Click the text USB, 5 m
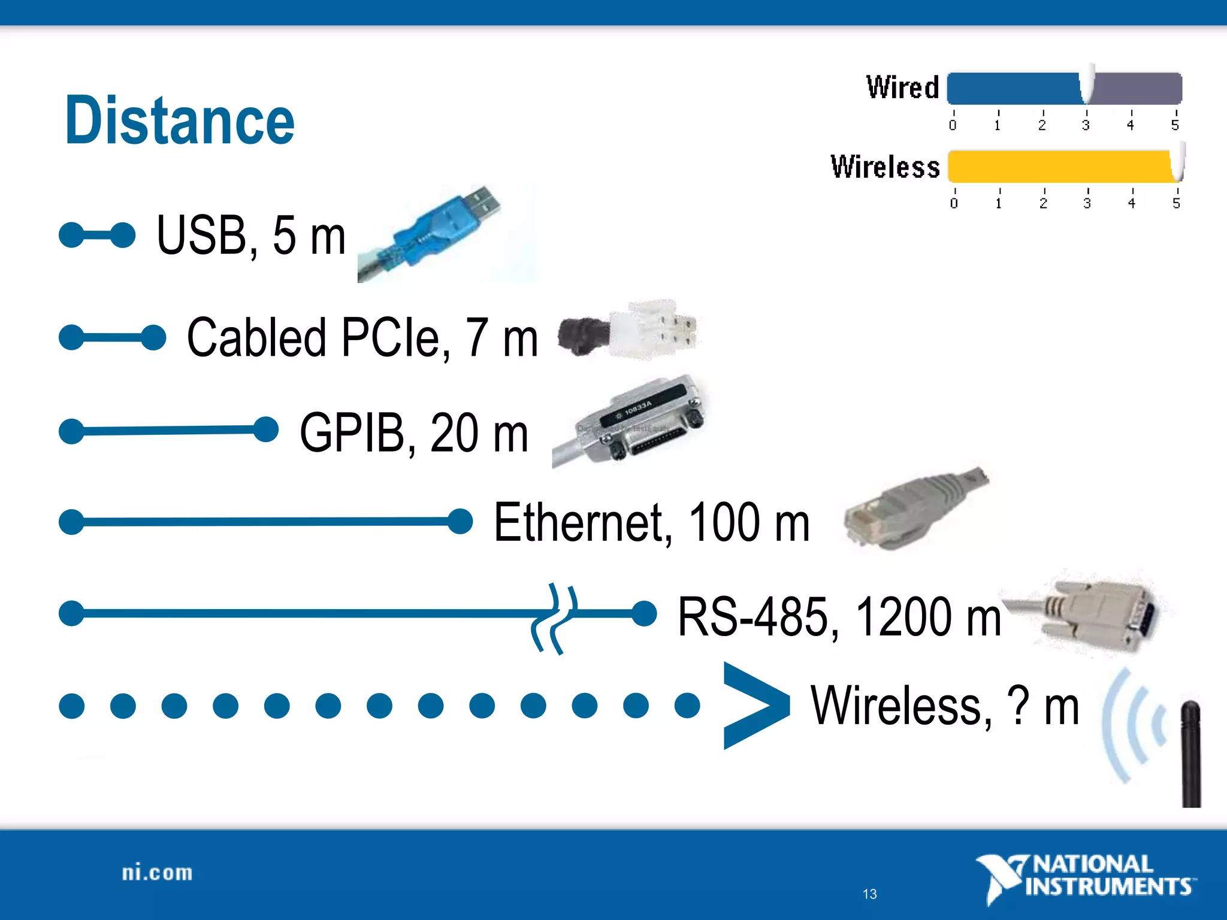pyautogui.click(x=251, y=235)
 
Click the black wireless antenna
pyautogui.click(x=1191, y=755)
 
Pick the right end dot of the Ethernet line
pyautogui.click(x=460, y=520)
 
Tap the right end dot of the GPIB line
pyautogui.click(x=265, y=429)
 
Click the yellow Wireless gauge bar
pyautogui.click(x=1060, y=166)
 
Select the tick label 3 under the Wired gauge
pyautogui.click(x=1086, y=125)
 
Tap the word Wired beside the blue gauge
pyautogui.click(x=902, y=87)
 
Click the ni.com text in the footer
pyautogui.click(x=157, y=873)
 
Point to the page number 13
pyautogui.click(x=869, y=894)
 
